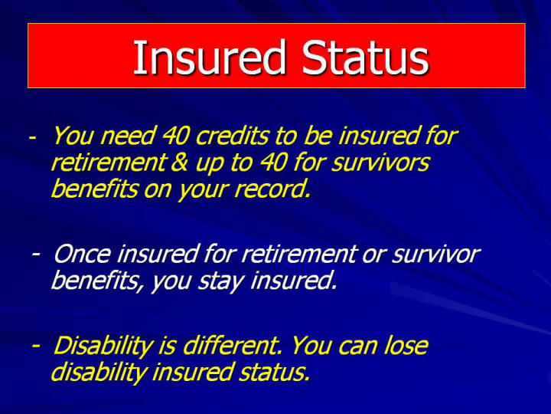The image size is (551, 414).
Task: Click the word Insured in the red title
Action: point(209,57)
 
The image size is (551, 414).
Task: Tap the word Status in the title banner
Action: point(365,57)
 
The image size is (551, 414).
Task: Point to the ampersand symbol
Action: point(179,163)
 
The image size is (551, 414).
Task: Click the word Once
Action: point(82,254)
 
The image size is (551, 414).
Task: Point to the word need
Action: point(128,136)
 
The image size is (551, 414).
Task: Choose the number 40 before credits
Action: point(175,136)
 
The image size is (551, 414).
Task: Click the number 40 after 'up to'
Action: point(274,163)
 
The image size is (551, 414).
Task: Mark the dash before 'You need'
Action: point(32,137)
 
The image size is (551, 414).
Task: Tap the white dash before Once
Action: point(35,254)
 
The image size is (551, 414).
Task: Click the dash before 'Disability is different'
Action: point(35,346)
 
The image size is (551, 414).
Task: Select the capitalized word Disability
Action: point(103,347)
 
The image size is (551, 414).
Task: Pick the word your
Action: point(203,190)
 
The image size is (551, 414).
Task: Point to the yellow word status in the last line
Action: point(275,372)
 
